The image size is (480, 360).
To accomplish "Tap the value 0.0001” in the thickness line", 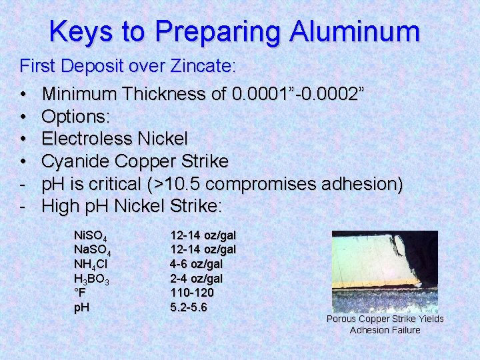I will pyautogui.click(x=261, y=94).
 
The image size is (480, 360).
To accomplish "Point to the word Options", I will pyautogui.click(x=75, y=117).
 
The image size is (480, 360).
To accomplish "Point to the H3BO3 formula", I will pyautogui.click(x=91, y=279).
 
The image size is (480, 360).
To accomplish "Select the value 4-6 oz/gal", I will pyautogui.click(x=197, y=264).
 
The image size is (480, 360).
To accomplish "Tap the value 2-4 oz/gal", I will pyautogui.click(x=197, y=279).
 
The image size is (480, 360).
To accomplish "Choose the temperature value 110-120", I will pyautogui.click(x=193, y=293).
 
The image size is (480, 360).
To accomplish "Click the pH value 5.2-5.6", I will pyautogui.click(x=189, y=307).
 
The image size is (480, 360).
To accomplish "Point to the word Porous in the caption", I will pyautogui.click(x=340, y=319).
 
